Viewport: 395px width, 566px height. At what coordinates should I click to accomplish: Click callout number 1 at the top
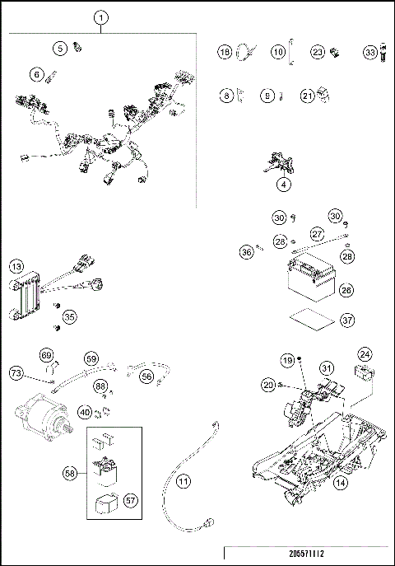point(101,16)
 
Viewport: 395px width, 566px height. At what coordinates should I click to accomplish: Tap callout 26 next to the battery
point(346,290)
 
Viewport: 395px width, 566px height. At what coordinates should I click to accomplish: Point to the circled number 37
point(346,320)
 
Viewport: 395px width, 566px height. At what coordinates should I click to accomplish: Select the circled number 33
point(370,52)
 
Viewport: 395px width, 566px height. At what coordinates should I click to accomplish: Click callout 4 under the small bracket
point(284,185)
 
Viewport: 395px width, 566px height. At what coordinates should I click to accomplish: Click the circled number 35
point(69,316)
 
